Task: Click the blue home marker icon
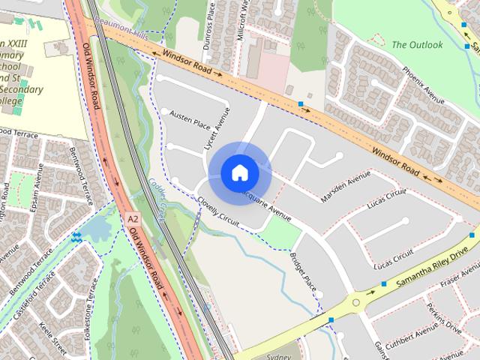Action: coord(239,172)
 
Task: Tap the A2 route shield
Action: coord(133,218)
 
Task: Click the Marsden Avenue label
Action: coord(346,187)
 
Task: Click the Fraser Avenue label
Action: coord(458,283)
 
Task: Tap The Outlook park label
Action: coord(417,45)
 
